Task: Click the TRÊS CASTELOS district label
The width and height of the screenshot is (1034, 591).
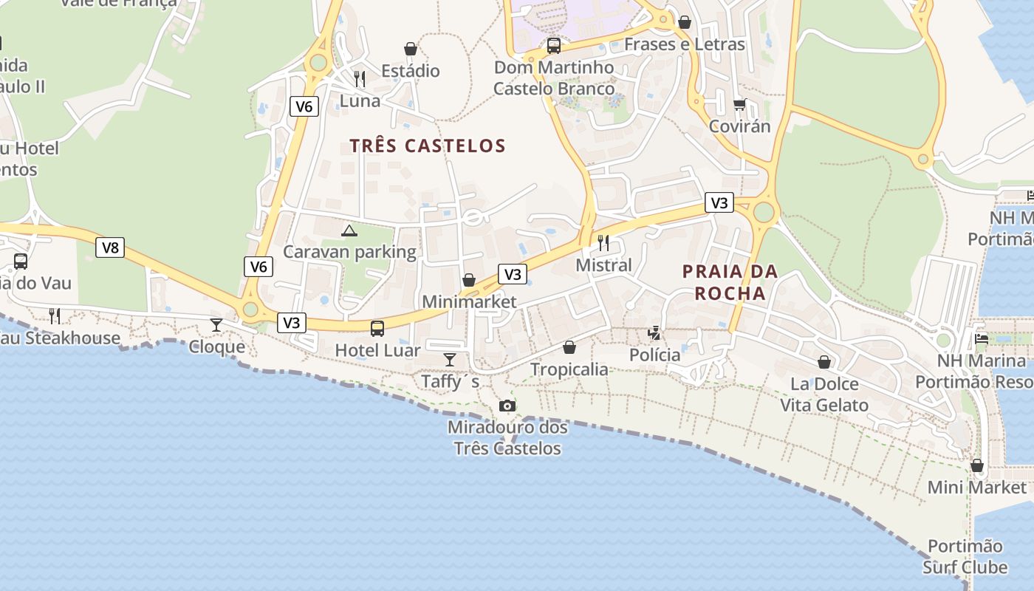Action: click(x=428, y=146)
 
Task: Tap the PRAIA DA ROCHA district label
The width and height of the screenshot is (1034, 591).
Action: click(x=730, y=282)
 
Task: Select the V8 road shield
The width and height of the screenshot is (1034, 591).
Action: click(x=110, y=247)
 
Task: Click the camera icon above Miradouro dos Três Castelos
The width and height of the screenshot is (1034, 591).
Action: click(x=507, y=406)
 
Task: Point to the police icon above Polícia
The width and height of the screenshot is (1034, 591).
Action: click(x=654, y=333)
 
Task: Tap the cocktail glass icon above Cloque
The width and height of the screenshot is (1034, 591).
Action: click(x=216, y=325)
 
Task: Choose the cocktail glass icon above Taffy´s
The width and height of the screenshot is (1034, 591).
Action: click(x=449, y=360)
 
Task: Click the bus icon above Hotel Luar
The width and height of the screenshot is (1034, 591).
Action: click(x=377, y=328)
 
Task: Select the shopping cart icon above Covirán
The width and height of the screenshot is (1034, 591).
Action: click(x=739, y=105)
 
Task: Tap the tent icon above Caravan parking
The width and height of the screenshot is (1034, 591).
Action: click(x=349, y=230)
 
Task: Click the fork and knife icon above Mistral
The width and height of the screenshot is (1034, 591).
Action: click(x=603, y=243)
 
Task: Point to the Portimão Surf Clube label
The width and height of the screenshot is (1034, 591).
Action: click(x=965, y=556)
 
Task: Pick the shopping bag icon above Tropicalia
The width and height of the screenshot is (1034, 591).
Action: click(x=569, y=347)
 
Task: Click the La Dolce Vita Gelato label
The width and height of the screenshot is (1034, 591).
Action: click(x=824, y=394)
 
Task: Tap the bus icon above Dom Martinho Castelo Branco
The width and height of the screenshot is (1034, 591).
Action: click(x=553, y=46)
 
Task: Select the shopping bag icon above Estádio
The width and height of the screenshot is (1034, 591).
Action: click(x=411, y=49)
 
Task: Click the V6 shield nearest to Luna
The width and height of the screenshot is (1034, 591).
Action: click(x=304, y=106)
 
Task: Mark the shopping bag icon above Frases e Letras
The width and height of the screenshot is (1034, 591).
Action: click(x=685, y=22)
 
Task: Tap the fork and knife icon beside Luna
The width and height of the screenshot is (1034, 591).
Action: click(x=360, y=79)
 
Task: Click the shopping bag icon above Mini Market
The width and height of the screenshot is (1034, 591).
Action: click(x=976, y=465)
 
